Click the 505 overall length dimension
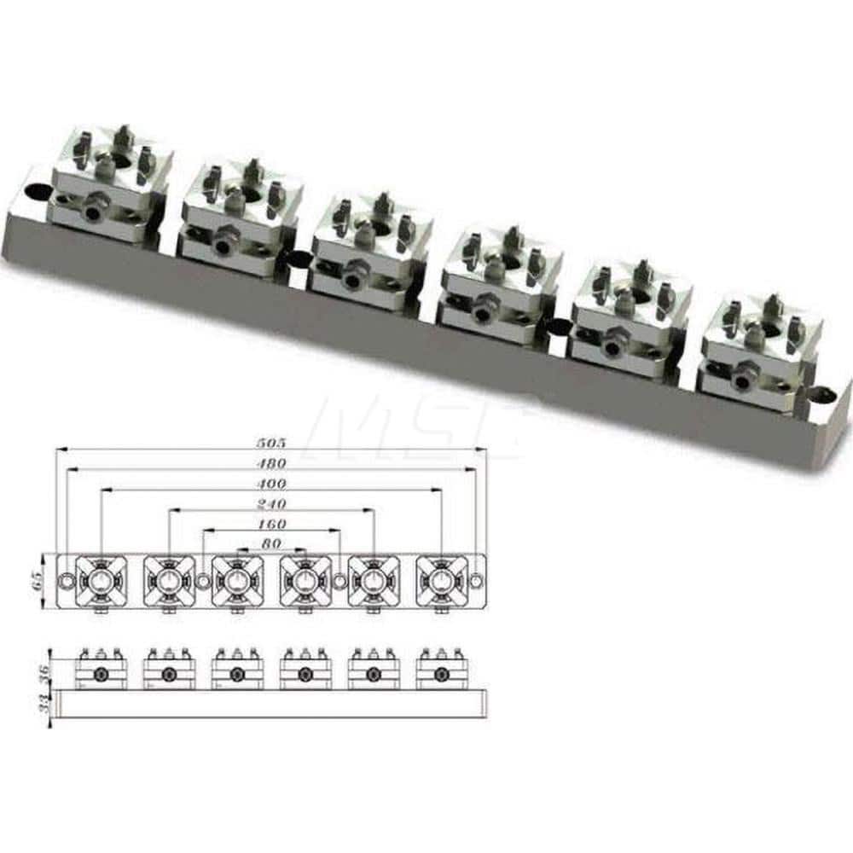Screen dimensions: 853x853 click(271, 444)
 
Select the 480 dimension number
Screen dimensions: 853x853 click(271, 464)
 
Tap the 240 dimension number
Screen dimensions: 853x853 click(271, 504)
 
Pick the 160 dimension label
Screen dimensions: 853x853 click(271, 524)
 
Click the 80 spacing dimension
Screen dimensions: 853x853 click(271, 543)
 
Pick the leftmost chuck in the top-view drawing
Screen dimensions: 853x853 click(102, 581)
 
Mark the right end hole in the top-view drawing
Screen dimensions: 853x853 click(475, 581)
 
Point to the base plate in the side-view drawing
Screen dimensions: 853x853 click(271, 703)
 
